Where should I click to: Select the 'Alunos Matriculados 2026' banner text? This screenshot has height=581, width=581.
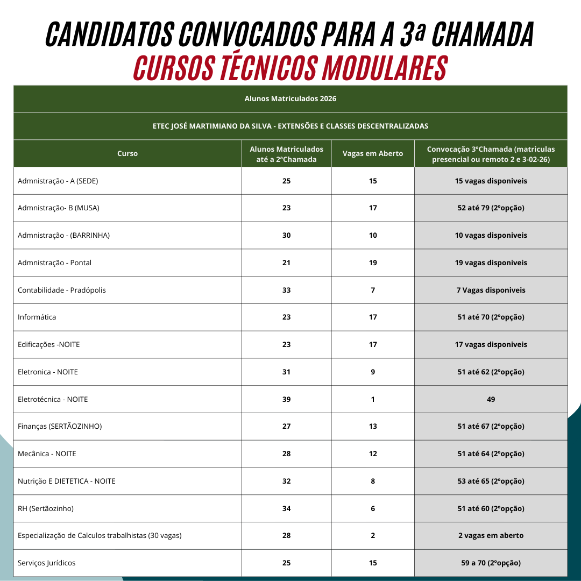(290, 99)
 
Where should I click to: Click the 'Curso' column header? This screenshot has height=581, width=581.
(127, 153)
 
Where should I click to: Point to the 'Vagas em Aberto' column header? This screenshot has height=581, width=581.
(373, 153)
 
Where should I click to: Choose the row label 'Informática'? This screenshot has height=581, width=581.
(37, 317)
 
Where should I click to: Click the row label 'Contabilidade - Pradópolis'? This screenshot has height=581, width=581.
(62, 290)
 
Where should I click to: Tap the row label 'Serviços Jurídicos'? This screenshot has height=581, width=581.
(47, 563)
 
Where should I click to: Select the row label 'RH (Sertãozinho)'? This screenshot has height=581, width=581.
(46, 508)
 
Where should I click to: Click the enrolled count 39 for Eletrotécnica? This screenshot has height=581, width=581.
(286, 399)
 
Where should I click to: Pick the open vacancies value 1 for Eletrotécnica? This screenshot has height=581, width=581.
(373, 399)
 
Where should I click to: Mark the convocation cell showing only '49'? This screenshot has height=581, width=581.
(491, 399)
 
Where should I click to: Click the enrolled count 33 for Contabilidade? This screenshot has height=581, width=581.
(286, 290)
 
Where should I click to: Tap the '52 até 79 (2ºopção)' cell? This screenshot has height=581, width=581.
(491, 208)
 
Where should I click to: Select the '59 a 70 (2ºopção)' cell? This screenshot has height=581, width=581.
(491, 563)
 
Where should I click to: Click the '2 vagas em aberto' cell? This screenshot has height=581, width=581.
(491, 536)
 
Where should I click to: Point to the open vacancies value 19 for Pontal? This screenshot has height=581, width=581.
(373, 263)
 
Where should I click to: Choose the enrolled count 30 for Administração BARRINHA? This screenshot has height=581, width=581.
(286, 236)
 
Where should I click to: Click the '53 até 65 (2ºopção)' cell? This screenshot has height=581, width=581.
(491, 481)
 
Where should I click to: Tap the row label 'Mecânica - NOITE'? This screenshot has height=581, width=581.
(47, 454)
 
